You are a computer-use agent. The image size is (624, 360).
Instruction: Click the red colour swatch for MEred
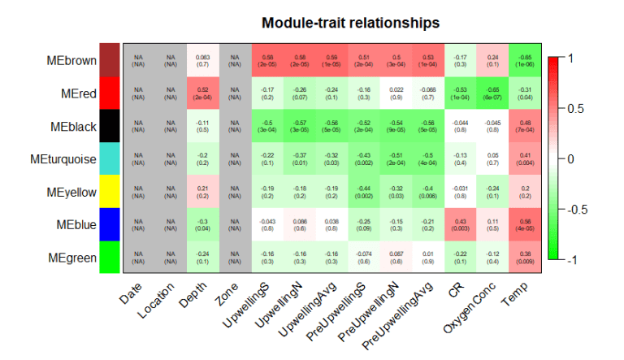tap(110, 93)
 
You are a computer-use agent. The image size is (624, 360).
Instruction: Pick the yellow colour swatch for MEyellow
tap(110, 191)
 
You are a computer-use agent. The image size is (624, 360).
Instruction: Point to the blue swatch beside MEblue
tap(110, 223)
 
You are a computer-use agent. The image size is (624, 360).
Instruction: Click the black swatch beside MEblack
tap(110, 125)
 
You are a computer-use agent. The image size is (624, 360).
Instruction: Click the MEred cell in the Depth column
tap(203, 93)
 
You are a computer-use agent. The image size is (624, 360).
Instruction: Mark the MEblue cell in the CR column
tap(461, 223)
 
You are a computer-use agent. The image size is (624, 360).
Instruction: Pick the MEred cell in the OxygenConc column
tap(494, 93)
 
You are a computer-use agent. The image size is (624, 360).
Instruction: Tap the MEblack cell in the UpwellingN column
tap(300, 125)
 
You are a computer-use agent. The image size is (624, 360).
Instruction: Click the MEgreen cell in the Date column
tap(138, 257)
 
